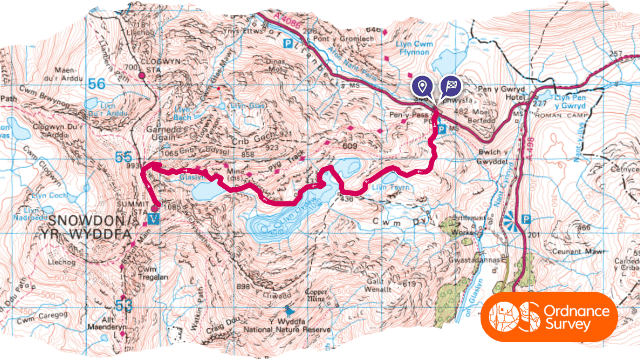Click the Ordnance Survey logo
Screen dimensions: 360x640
point(557,315)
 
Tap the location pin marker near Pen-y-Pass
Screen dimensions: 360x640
point(423,88)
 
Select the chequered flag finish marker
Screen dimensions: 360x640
point(450,88)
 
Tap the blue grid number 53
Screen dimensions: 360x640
point(123,303)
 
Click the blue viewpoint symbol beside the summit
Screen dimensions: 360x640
point(152,217)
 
